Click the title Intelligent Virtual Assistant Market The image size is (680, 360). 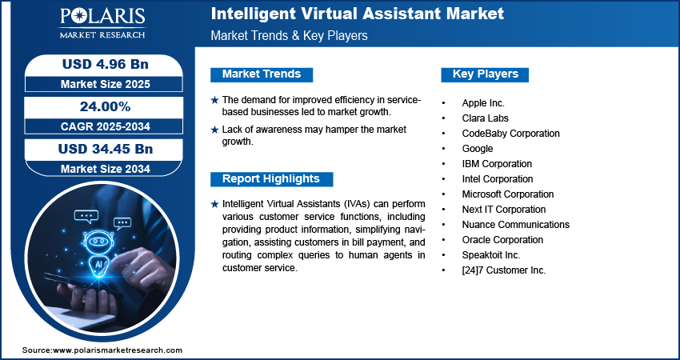[357, 14]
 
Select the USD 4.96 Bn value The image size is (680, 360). [100, 64]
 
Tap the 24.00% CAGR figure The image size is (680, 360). [100, 106]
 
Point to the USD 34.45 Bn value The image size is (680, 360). [100, 149]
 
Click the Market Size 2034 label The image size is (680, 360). [100, 168]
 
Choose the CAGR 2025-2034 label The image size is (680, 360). [100, 126]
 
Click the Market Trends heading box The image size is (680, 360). [262, 74]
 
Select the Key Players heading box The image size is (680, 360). [486, 74]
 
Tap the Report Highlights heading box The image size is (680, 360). [271, 178]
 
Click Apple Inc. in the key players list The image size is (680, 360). [483, 103]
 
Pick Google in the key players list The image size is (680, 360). [478, 149]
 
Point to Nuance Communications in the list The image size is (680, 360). [515, 225]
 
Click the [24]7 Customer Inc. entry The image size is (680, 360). [503, 270]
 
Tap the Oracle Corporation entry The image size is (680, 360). [502, 240]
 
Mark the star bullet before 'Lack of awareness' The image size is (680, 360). [214, 130]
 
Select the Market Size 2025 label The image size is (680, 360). [100, 83]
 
